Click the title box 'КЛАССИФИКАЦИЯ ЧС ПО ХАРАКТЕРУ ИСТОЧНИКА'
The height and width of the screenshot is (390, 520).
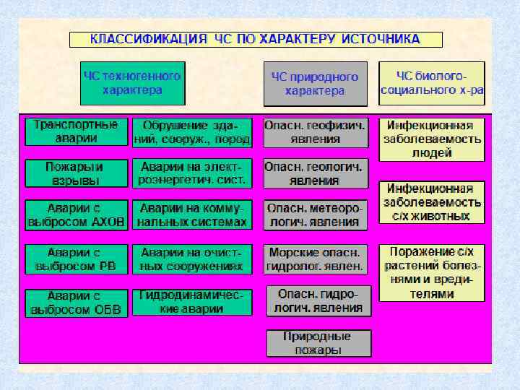(x=256, y=39)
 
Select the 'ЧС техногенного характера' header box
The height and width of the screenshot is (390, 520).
(x=132, y=83)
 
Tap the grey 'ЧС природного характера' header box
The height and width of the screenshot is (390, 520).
(x=315, y=84)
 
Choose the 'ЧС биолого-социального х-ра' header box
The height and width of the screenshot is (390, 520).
(x=432, y=84)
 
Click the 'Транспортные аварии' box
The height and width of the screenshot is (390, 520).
(x=76, y=131)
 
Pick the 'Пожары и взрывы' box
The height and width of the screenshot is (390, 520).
(x=76, y=173)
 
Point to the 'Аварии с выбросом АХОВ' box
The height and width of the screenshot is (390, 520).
(x=76, y=214)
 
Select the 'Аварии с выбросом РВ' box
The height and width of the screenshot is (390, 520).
(x=76, y=259)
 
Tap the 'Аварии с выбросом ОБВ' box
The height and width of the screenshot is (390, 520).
(x=76, y=303)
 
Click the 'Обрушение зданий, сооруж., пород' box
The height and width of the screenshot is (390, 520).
(x=192, y=132)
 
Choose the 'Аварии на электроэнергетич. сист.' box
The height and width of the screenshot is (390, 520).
(x=192, y=173)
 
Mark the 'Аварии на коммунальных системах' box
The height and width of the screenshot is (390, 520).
(x=192, y=214)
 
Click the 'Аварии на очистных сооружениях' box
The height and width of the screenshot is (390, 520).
(x=192, y=259)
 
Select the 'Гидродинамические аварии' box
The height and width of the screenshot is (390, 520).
(x=192, y=302)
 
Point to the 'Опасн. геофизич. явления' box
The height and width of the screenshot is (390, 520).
(x=316, y=132)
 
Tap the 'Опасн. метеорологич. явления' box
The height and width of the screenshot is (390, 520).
(x=316, y=214)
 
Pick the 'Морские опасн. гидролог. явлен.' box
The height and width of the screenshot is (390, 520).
(x=316, y=259)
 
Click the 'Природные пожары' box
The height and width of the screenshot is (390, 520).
(x=318, y=343)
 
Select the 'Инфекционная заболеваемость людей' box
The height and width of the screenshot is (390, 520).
(x=432, y=139)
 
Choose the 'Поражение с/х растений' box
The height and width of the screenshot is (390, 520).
(x=432, y=272)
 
